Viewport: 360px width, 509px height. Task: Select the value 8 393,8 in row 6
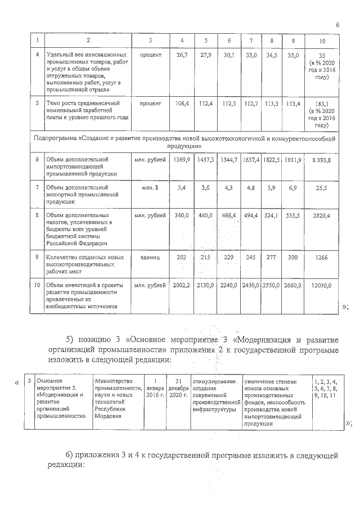tap(321, 160)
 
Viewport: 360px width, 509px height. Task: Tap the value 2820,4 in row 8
tap(321, 215)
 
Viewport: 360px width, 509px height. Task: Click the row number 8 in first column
tap(37, 215)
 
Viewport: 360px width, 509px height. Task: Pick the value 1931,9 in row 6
tap(292, 160)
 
